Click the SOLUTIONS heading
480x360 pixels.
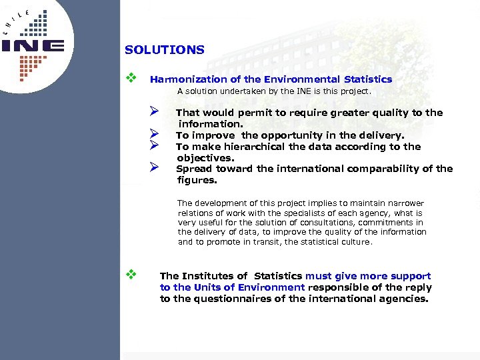[164, 50]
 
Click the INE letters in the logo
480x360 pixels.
[33, 47]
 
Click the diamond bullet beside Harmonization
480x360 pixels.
[131, 79]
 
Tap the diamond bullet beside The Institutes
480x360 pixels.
[131, 273]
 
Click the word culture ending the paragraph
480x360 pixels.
[356, 242]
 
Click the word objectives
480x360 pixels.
[205, 158]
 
